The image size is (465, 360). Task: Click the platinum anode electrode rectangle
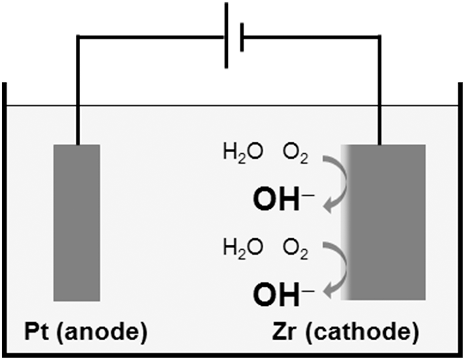(x=77, y=222)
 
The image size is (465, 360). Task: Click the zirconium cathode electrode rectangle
(x=386, y=222)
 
